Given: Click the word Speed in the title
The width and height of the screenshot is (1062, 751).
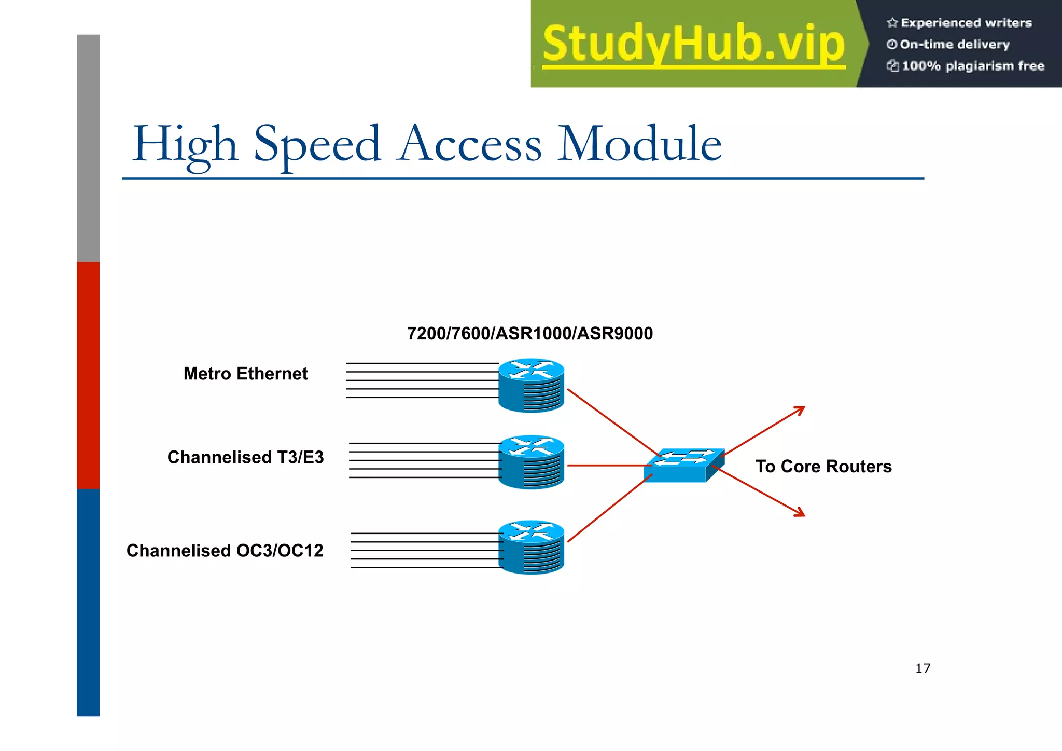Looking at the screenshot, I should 317,144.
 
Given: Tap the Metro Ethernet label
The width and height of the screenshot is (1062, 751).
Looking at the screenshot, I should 245,374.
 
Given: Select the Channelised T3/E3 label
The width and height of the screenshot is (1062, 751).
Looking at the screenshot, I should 245,457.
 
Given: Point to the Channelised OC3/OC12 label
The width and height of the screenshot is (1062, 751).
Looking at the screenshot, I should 225,551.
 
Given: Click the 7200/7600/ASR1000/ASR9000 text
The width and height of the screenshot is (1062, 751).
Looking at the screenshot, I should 529,333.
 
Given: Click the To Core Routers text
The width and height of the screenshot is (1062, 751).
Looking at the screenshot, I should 823,466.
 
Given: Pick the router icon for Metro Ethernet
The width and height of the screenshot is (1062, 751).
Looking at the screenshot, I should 531,385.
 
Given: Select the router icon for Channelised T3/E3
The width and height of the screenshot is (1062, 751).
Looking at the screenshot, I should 531,462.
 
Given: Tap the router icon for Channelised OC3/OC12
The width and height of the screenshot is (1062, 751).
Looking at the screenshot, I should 531,547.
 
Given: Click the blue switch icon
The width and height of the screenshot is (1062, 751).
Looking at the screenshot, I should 682,466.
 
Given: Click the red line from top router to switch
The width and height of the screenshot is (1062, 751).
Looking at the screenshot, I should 612,421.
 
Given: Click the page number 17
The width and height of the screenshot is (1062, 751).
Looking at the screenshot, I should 923,668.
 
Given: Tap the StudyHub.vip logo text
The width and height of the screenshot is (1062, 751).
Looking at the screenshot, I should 693,44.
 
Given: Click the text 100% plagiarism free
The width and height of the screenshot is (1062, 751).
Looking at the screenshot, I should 972,66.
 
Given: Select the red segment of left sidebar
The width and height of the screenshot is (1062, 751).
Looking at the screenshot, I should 88,375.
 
